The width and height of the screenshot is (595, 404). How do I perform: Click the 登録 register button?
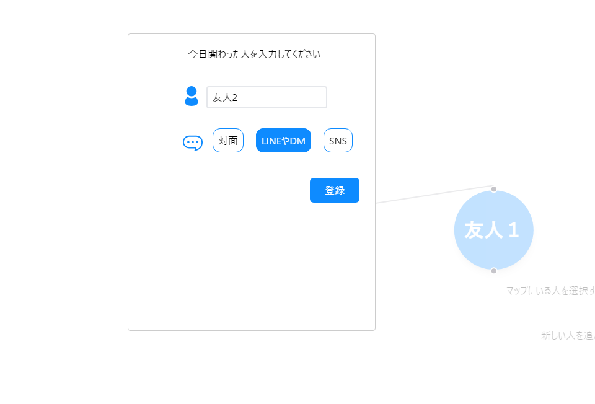point(334,190)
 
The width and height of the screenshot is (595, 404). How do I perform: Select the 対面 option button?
point(228,141)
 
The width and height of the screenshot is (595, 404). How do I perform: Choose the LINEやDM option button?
point(283,141)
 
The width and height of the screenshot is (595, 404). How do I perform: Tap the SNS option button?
point(338,141)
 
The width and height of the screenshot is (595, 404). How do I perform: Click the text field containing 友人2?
point(267,97)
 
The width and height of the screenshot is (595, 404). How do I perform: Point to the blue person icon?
point(192,96)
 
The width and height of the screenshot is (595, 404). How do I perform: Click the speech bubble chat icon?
point(193,143)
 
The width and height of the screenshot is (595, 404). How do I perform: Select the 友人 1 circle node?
point(493,230)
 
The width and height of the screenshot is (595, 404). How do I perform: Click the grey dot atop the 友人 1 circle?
point(494,189)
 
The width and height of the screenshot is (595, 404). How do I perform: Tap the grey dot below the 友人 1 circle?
point(494,271)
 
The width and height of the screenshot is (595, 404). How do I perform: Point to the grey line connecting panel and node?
point(434,194)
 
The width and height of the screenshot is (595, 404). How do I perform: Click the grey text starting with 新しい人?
point(568,335)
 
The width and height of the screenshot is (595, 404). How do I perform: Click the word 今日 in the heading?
point(197,55)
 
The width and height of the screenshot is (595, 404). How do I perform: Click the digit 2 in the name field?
point(234,97)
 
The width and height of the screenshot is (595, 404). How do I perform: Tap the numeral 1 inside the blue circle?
point(513,230)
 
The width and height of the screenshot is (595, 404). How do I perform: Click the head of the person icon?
point(192,91)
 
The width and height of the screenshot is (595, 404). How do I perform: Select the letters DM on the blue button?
point(298,141)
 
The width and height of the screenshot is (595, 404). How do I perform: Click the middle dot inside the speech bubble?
point(193,142)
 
